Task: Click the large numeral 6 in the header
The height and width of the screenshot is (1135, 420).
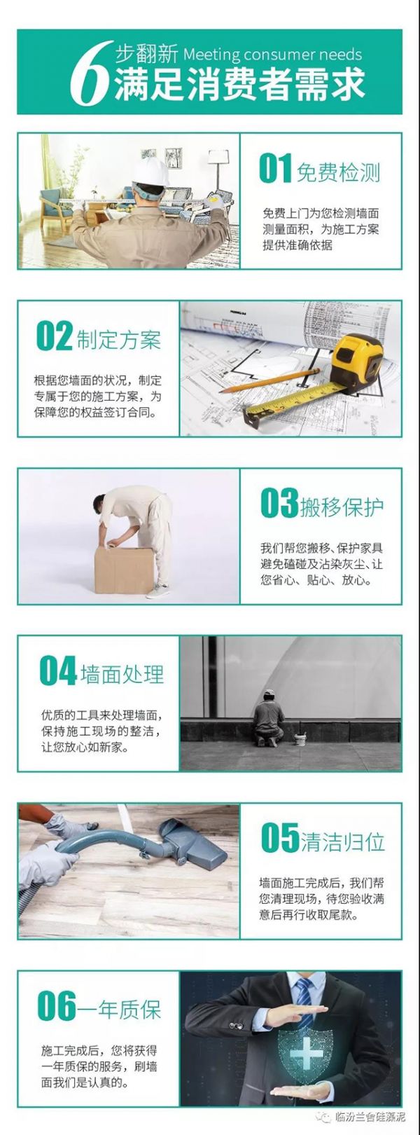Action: tap(90, 73)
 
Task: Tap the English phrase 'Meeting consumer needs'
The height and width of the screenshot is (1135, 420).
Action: tap(272, 54)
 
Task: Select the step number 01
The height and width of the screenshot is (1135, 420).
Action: tap(275, 168)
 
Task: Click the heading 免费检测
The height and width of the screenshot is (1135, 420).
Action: tap(338, 172)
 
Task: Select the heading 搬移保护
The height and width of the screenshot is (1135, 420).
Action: tap(342, 507)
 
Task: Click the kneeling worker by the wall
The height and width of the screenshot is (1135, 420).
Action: tap(269, 717)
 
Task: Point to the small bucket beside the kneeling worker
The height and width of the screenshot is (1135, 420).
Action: tap(300, 738)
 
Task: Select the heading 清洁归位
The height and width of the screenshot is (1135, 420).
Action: tap(343, 841)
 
